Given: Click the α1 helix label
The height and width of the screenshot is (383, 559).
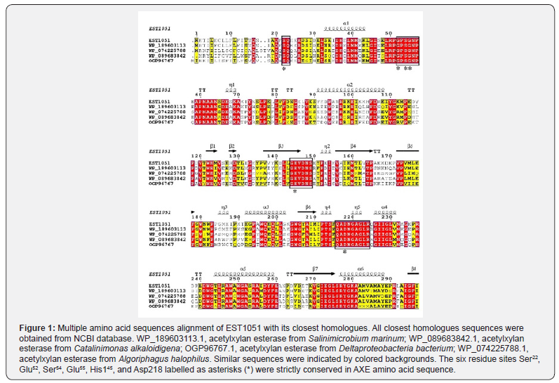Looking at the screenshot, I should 346,22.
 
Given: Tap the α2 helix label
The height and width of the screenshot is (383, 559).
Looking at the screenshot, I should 349,82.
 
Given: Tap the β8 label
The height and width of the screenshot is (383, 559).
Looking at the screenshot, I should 414,268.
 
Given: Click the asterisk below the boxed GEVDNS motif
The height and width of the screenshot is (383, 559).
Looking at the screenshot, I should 295,190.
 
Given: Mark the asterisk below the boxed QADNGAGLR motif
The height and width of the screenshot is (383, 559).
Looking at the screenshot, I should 344,251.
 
